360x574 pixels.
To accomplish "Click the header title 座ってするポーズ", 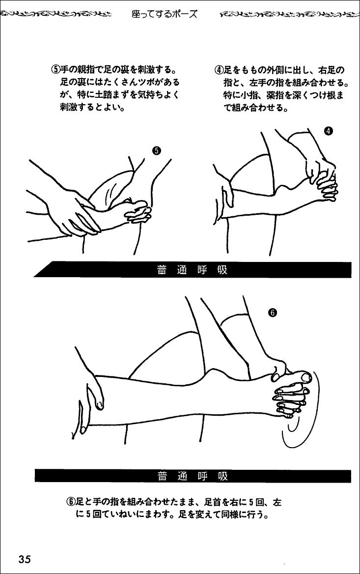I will [x=164, y=14].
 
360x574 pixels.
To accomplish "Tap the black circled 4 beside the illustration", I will [x=329, y=131].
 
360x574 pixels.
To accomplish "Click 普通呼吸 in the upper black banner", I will [x=192, y=270].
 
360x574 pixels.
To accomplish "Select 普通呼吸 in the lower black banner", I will [x=192, y=476].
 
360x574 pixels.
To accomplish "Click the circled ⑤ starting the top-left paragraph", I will [x=55, y=70].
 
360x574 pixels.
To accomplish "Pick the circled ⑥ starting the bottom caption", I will [x=70, y=503].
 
